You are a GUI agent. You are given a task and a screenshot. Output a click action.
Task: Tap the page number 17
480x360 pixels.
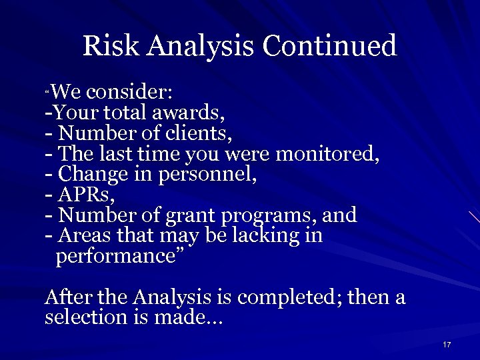[x=447, y=344]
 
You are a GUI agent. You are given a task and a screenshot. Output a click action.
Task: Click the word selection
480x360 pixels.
[x=84, y=317]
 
